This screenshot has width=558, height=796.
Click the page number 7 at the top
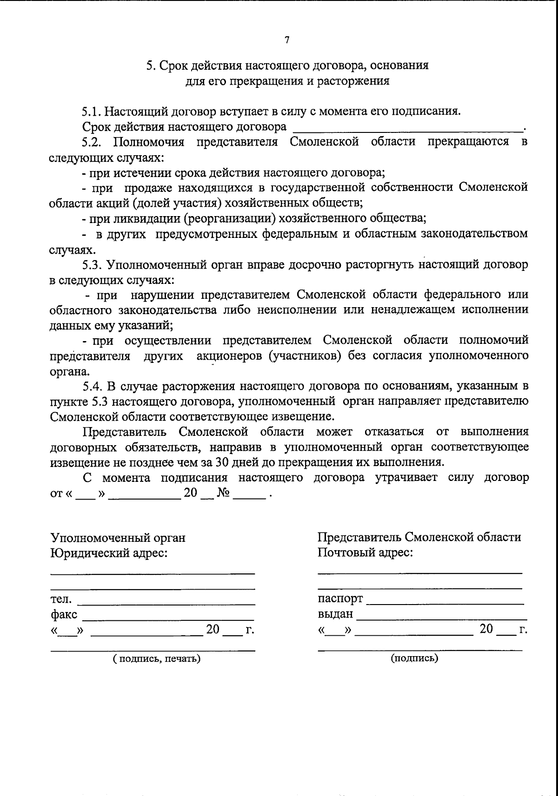tap(287, 40)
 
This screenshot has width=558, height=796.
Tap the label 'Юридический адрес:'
tap(109, 553)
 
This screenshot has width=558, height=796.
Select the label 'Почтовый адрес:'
tap(365, 553)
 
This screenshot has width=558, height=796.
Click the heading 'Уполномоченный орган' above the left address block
tap(118, 538)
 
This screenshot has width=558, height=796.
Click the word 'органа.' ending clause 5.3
tap(70, 372)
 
